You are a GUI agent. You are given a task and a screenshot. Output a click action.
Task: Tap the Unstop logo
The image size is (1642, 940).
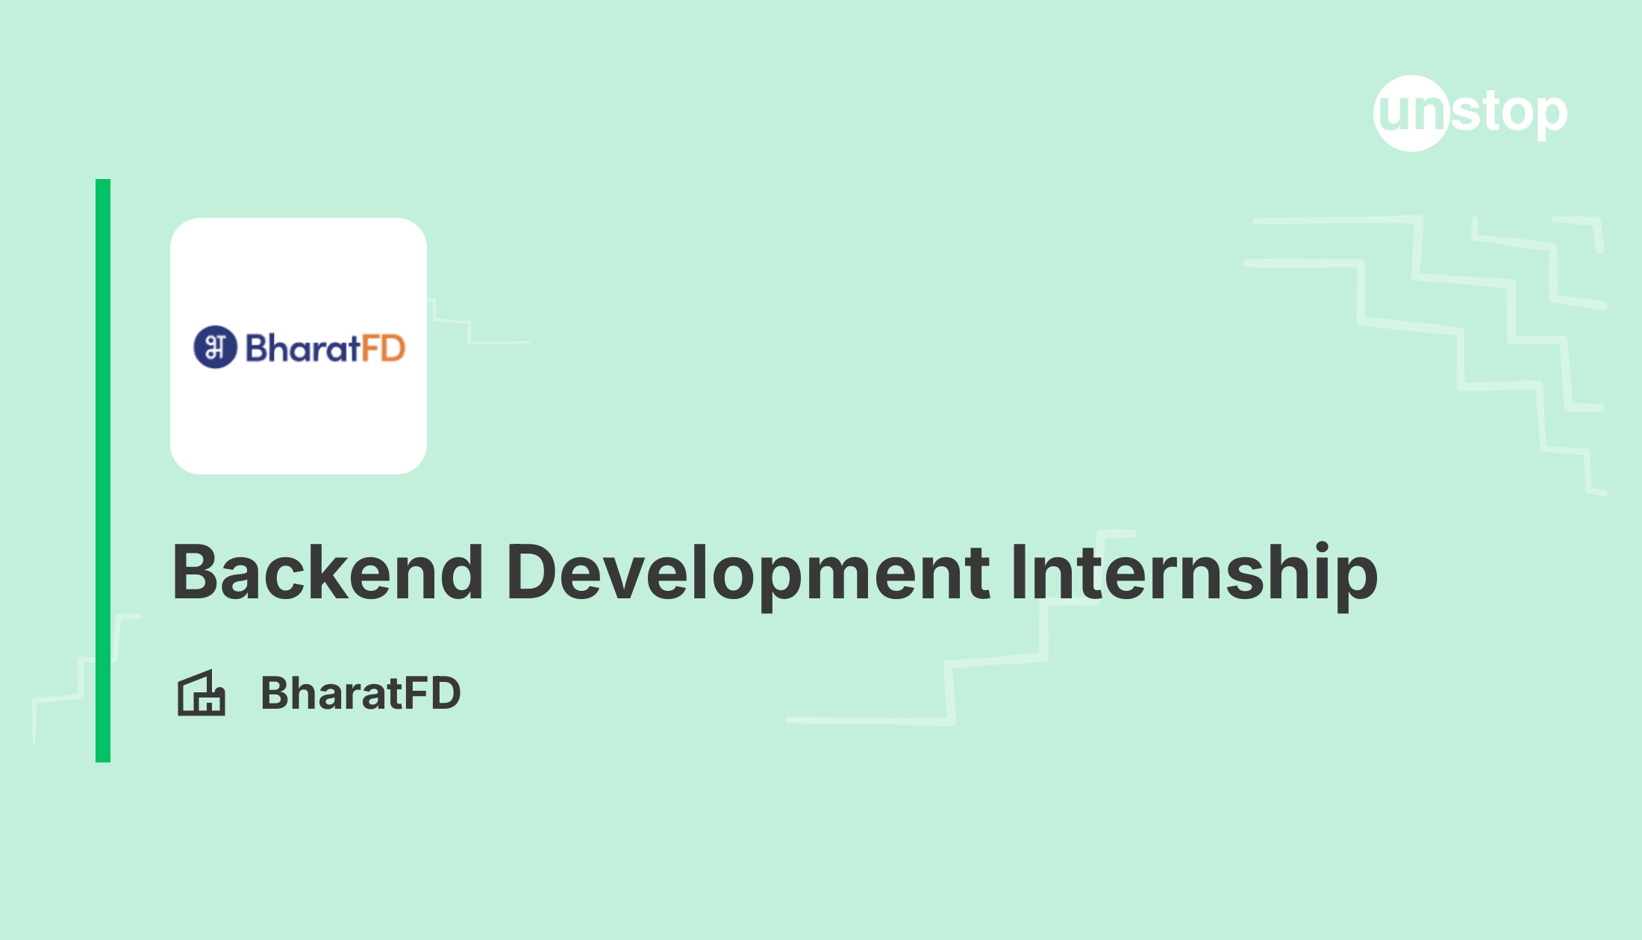(1470, 113)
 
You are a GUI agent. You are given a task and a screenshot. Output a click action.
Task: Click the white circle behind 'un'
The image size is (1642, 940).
(1411, 113)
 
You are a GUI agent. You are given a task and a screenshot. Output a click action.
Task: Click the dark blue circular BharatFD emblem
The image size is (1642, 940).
(215, 347)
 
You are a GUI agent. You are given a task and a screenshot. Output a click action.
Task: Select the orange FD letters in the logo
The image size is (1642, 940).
(384, 348)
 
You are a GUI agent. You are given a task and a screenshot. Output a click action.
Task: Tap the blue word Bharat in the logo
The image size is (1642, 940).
(303, 348)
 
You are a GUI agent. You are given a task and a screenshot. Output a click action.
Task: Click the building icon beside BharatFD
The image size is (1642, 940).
(202, 693)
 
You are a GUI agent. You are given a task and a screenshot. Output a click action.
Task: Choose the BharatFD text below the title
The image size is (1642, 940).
(360, 693)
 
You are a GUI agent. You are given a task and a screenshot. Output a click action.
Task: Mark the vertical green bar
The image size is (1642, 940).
(103, 471)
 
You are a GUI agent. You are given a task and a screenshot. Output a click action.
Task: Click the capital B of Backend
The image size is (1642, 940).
(196, 572)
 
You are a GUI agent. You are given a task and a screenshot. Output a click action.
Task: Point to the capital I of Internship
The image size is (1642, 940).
(1019, 572)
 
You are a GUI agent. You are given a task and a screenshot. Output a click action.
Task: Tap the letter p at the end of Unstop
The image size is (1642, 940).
(1549, 118)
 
